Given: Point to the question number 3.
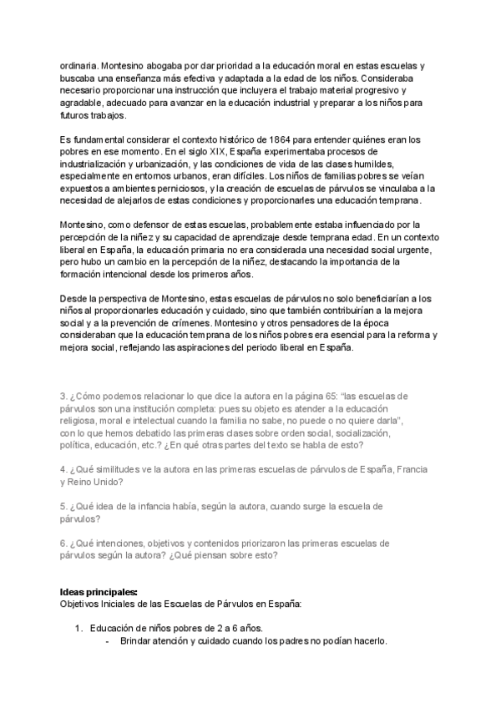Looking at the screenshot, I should (64, 397).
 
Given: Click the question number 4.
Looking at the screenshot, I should (64, 469).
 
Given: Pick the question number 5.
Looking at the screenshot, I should (64, 506).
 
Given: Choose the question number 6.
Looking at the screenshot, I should (64, 543).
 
